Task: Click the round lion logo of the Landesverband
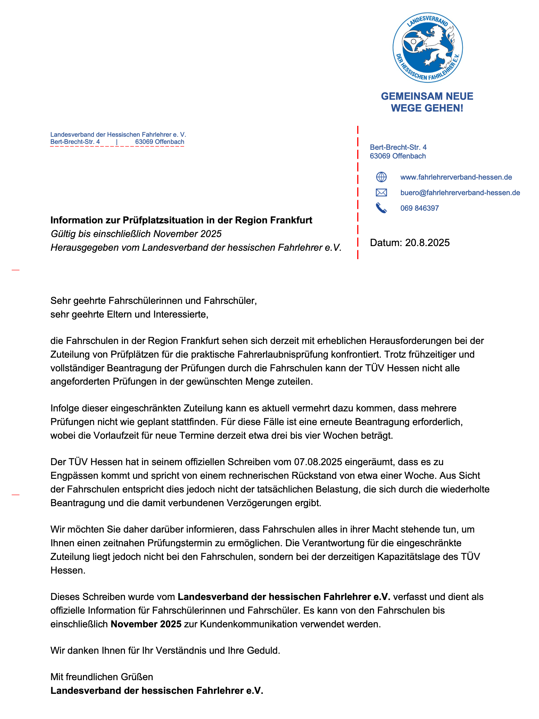(427, 48)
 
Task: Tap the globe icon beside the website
(381, 177)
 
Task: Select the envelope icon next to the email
(381, 193)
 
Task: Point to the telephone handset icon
(381, 208)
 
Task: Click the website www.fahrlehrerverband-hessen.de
(456, 177)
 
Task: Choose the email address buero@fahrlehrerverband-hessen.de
(460, 193)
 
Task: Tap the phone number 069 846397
(419, 208)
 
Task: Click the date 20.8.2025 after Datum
(427, 243)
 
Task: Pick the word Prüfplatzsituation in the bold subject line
(169, 220)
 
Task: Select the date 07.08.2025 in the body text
(318, 462)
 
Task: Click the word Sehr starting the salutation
(61, 301)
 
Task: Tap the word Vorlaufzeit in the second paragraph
(122, 436)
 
